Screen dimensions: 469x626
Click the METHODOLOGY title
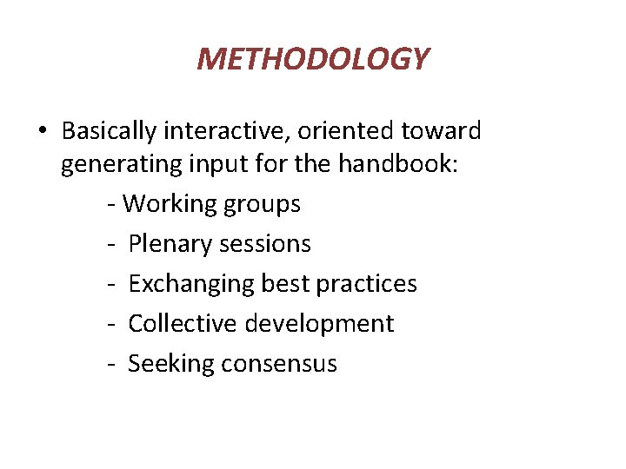[313, 59]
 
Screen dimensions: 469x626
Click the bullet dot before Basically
[43, 131]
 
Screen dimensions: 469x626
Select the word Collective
[183, 324]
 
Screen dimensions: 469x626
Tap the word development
[319, 324]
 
